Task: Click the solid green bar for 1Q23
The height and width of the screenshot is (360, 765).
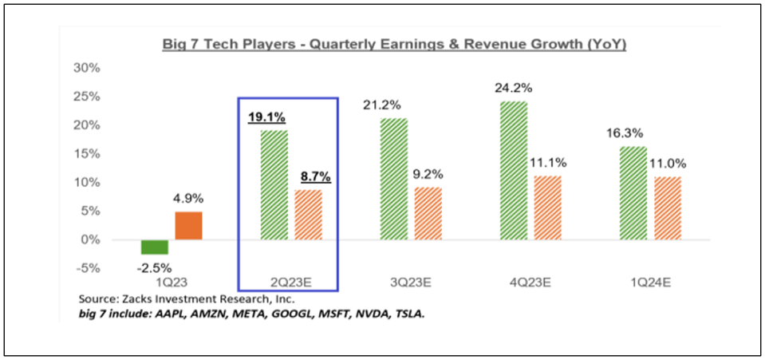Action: tap(155, 247)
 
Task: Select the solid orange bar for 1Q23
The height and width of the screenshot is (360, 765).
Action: tap(188, 225)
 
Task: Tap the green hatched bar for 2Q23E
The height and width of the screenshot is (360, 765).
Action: tap(274, 184)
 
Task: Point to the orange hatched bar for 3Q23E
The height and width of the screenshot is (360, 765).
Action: tap(427, 213)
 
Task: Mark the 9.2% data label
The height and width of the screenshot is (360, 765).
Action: tap(428, 174)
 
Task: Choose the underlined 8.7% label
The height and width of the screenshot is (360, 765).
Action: tap(310, 176)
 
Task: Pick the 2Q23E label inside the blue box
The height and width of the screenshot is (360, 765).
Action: tap(290, 282)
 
